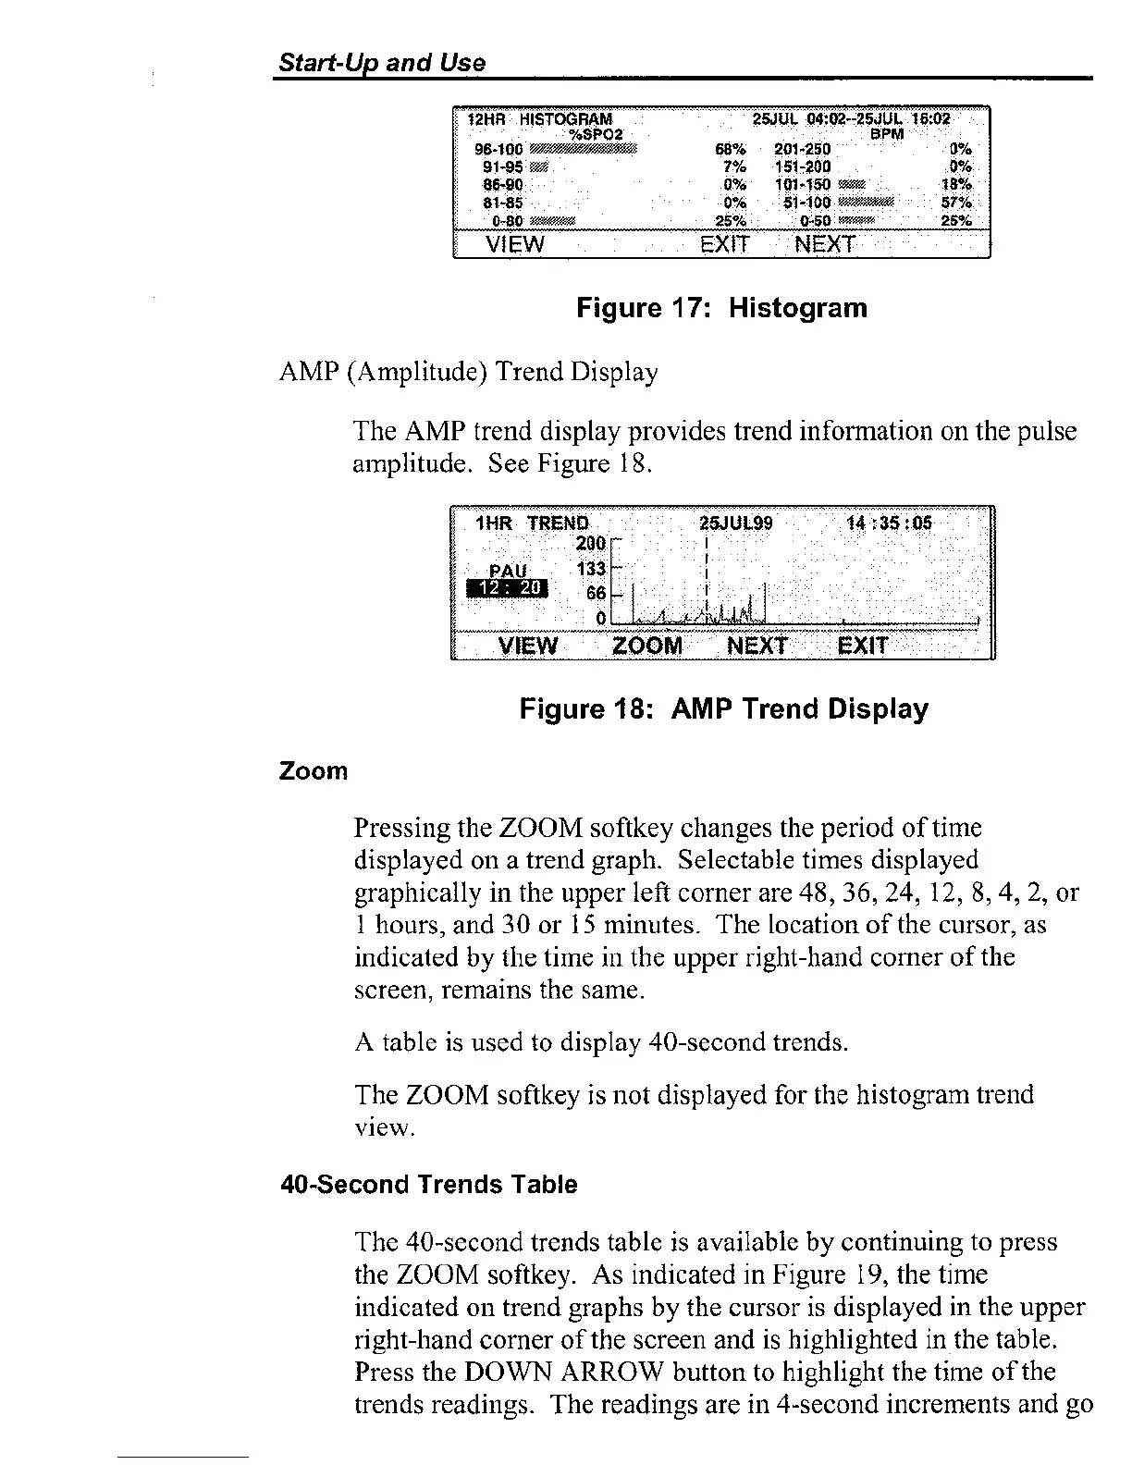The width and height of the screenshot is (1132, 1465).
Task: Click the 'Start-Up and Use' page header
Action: pyautogui.click(x=382, y=63)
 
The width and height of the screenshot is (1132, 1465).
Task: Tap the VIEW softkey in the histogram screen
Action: pyautogui.click(x=515, y=244)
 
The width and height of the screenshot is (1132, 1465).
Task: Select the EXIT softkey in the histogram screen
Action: pyautogui.click(x=724, y=244)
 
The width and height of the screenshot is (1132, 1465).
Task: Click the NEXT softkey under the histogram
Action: pyautogui.click(x=825, y=244)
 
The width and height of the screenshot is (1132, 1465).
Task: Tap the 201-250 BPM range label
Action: pyautogui.click(x=803, y=149)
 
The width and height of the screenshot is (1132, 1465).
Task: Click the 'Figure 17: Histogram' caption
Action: pyautogui.click(x=721, y=308)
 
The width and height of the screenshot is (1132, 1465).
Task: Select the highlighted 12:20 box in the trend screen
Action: pyautogui.click(x=508, y=590)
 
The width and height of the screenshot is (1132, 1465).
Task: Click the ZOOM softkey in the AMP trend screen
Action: pyautogui.click(x=647, y=645)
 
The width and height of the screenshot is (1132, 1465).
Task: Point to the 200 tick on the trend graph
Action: pyautogui.click(x=590, y=543)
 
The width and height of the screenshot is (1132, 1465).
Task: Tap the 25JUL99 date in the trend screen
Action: pyautogui.click(x=737, y=523)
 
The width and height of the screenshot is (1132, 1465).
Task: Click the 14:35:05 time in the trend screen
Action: pyautogui.click(x=889, y=523)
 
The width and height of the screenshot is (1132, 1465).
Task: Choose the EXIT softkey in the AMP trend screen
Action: pyautogui.click(x=862, y=645)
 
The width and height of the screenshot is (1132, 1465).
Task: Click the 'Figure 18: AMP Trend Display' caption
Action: pyautogui.click(x=723, y=709)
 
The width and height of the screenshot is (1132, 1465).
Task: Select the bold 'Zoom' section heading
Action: pyautogui.click(x=314, y=771)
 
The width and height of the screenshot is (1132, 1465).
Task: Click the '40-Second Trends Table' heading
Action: pyautogui.click(x=428, y=1185)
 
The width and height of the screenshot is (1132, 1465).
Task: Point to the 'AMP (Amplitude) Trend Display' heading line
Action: pyautogui.click(x=468, y=373)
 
